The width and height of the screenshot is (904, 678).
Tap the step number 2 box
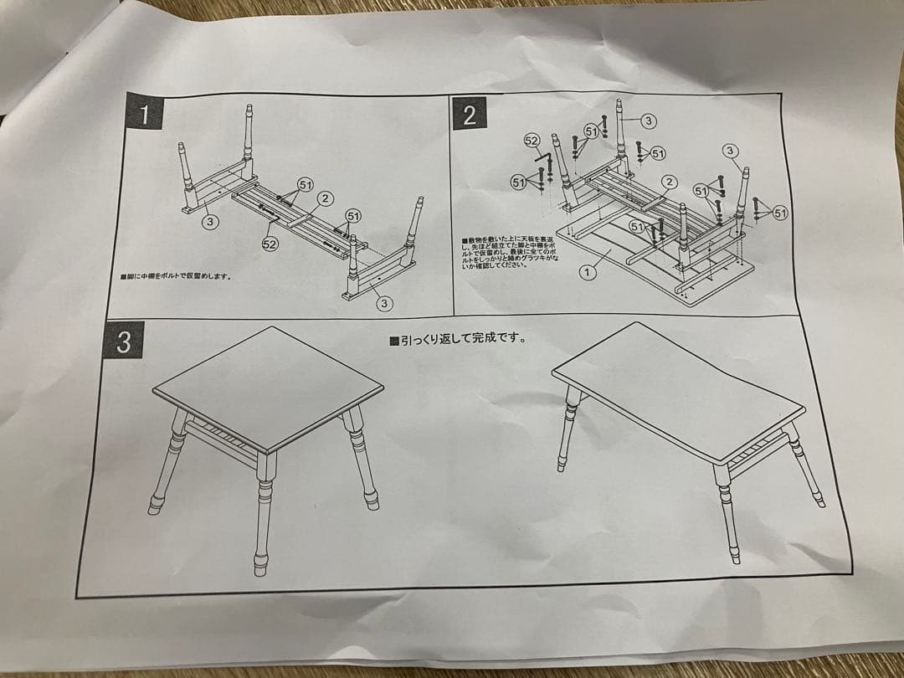coord(470,113)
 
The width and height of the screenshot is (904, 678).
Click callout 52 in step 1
coord(270,244)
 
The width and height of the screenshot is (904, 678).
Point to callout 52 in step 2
coord(531,141)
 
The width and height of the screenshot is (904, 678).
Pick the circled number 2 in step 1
coord(325,198)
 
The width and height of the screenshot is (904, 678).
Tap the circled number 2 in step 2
coord(669,182)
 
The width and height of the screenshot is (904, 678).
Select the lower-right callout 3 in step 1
coord(384,303)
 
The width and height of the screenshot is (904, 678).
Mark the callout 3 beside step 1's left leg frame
coord(210,222)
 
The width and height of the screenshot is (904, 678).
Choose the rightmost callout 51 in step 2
coord(780,213)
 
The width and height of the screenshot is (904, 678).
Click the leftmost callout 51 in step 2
coord(519,182)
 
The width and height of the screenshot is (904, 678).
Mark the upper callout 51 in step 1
coord(306,184)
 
